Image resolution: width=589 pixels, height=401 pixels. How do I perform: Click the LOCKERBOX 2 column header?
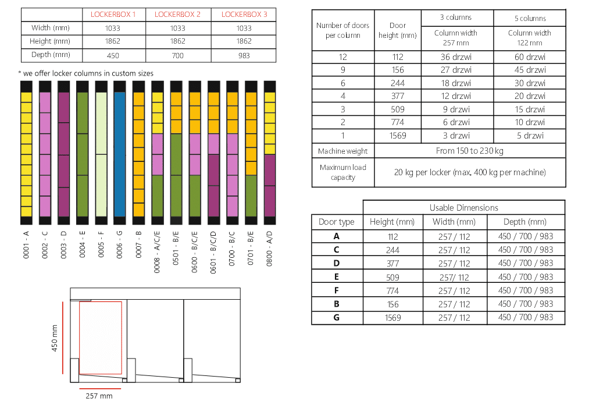tap(177, 15)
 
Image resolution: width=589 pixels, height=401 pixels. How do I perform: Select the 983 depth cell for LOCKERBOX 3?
tap(244, 55)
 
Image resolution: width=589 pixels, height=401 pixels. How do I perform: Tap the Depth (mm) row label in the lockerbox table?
tap(50, 55)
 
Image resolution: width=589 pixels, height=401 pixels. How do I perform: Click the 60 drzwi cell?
tap(530, 57)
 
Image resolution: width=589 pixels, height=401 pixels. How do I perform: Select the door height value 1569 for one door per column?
tap(398, 136)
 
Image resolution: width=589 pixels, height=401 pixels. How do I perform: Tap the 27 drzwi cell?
tap(456, 70)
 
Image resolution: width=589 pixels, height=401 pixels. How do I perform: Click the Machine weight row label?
tap(342, 151)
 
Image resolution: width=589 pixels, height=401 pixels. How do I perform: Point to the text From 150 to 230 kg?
tap(470, 151)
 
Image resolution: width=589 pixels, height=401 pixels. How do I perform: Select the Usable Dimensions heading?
tap(463, 208)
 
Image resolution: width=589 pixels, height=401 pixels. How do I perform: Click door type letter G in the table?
tap(337, 318)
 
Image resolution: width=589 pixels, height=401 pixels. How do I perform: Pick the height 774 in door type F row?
tap(392, 290)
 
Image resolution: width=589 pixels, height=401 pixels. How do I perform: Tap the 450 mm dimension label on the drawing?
tap(56, 338)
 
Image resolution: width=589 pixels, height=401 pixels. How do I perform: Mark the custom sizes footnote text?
tap(85, 73)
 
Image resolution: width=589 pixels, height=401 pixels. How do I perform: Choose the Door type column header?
tap(337, 222)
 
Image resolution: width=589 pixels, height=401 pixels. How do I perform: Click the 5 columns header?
tap(530, 19)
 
